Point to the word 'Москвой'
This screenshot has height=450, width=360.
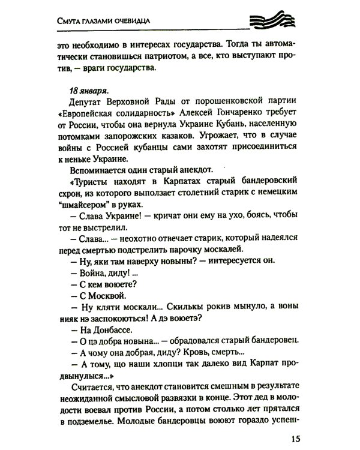[x=109, y=295]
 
